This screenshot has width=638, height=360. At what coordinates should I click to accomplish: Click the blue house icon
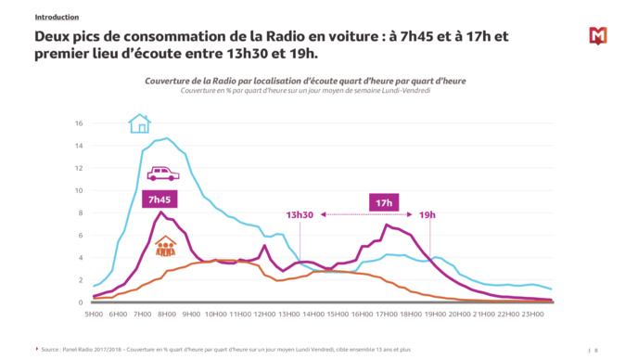[x=139, y=123]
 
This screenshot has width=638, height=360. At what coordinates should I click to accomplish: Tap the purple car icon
[x=162, y=174]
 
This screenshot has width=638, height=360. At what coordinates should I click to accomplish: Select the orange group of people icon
[x=165, y=246]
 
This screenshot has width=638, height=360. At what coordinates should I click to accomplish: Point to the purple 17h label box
[x=383, y=202]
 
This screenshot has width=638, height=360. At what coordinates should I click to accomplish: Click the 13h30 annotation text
[x=300, y=215]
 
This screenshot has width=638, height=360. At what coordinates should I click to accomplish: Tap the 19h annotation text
[x=427, y=215]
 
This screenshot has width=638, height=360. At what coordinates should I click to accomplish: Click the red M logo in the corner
[x=598, y=36]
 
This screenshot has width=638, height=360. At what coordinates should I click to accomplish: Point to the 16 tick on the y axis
[x=80, y=123]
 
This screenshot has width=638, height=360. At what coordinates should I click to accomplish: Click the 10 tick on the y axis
[x=80, y=190]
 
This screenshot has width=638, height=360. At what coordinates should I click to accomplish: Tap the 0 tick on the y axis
[x=82, y=302]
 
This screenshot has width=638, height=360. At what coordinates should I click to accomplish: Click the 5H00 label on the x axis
[x=94, y=315]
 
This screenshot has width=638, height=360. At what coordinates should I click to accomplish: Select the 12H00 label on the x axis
[x=263, y=315]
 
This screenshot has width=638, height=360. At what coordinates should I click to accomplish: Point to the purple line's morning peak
[x=161, y=212]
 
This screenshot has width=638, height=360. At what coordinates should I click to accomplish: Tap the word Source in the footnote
[x=51, y=350]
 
